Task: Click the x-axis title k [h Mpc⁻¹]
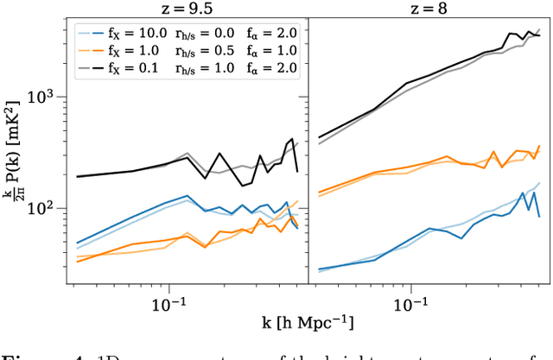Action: (294, 323)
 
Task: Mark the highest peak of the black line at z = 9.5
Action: (292, 139)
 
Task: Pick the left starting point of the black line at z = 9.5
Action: (76, 176)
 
